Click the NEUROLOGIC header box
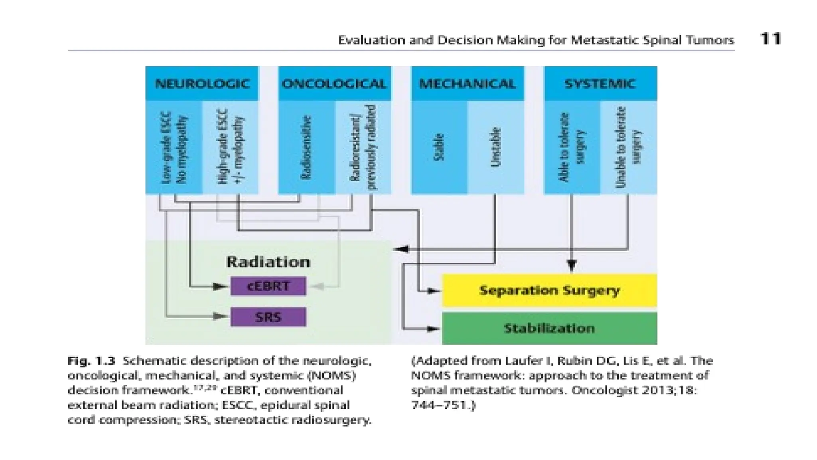tap(202, 83)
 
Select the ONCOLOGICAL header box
tap(334, 83)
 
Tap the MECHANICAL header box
tap(467, 83)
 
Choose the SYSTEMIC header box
tap(600, 83)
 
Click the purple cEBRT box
tap(268, 286)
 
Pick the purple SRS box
tap(268, 317)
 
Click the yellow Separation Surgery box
tap(549, 290)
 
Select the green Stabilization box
tap(549, 328)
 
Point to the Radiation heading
tap(268, 262)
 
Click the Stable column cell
tap(438, 147)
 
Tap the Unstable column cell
tap(495, 147)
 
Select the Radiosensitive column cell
tap(306, 147)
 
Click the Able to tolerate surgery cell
tap(572, 147)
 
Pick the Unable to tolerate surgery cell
tap(628, 147)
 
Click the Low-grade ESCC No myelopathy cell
tap(174, 147)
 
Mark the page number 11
tap(770, 39)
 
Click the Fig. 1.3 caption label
tap(91, 361)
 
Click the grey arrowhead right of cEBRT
tap(318, 286)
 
